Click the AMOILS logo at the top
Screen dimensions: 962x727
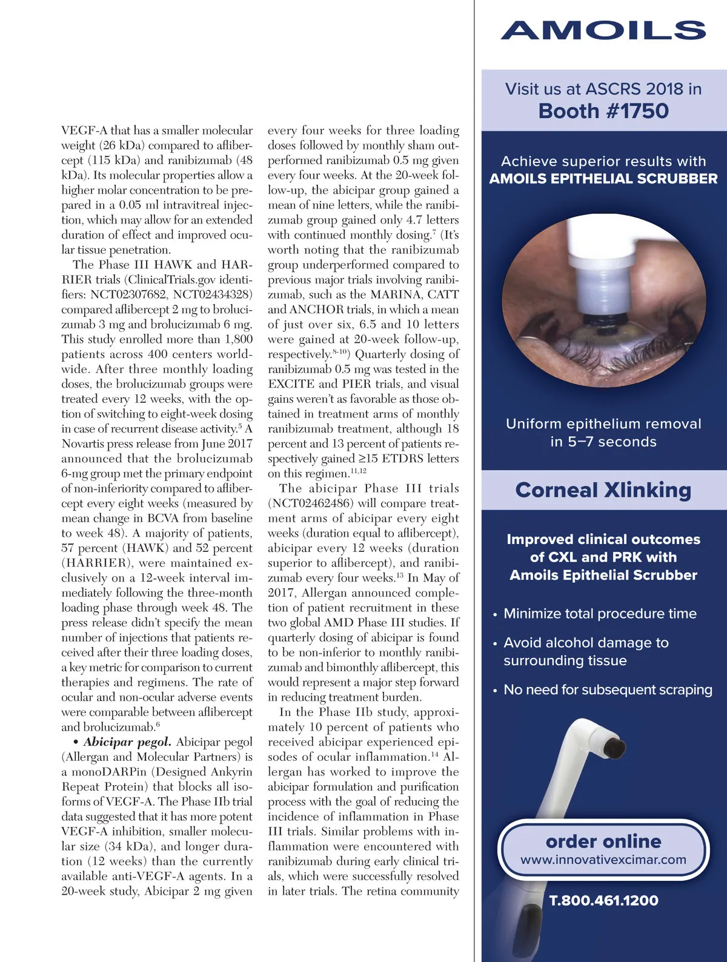click(603, 31)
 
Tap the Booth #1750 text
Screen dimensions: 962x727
click(603, 111)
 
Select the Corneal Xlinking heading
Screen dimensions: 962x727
click(603, 490)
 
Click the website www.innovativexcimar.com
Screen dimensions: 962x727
click(603, 860)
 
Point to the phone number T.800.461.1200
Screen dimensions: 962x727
click(603, 900)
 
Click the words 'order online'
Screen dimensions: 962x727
click(603, 841)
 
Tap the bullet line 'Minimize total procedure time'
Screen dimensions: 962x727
click(600, 614)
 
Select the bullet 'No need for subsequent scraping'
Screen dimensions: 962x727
click(608, 689)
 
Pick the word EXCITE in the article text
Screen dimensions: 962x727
click(291, 384)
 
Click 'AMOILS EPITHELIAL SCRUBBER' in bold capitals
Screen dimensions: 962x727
click(603, 179)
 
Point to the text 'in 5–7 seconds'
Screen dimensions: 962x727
click(603, 442)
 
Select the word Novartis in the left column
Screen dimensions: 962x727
click(84, 443)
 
